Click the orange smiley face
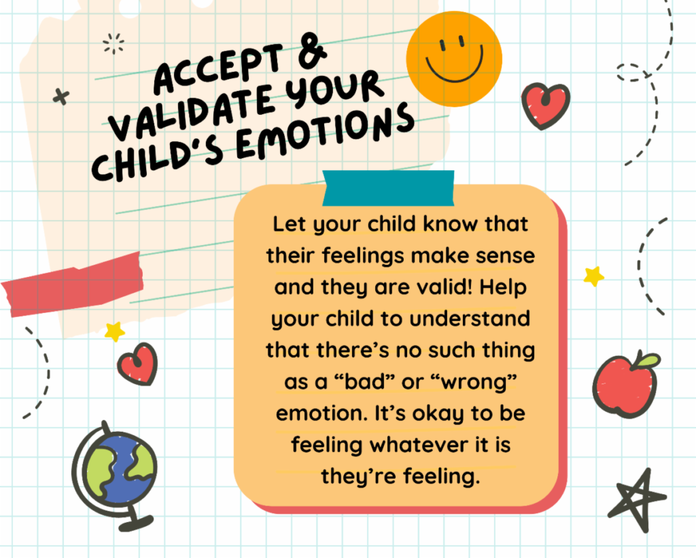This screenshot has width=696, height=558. pos(454,59)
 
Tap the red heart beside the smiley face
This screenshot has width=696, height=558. pos(546,106)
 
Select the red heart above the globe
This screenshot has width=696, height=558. pos(137,365)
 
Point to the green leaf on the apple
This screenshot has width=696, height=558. pos(646,360)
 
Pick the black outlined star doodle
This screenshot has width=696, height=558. pos(638,500)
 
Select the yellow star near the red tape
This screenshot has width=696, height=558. pos(114,331)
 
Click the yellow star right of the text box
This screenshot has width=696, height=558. pos(594,276)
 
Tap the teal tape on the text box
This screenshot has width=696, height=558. pos(388,188)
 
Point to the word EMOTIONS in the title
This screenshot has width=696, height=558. pos(324,132)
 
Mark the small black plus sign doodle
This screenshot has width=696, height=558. pos(61,96)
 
